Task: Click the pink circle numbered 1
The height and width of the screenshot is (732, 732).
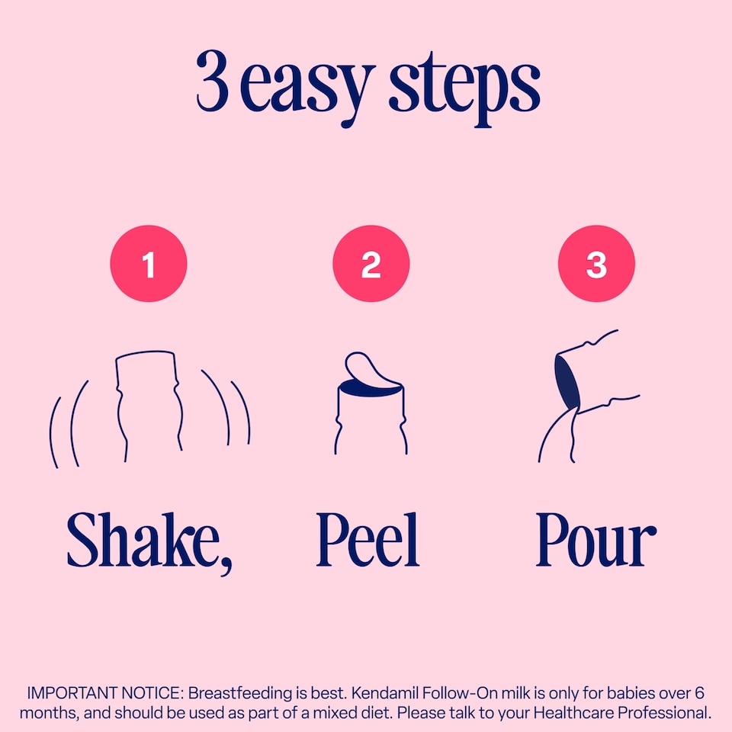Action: (149, 263)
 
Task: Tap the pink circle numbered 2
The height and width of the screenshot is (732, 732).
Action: (371, 263)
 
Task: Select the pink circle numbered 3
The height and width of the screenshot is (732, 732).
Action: (596, 263)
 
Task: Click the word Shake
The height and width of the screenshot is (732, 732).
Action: (143, 540)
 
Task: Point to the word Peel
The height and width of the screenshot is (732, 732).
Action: (368, 540)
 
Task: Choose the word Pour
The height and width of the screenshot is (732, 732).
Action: (596, 540)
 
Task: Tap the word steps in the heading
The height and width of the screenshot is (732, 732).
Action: (464, 88)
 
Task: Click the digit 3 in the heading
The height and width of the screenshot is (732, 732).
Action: (213, 80)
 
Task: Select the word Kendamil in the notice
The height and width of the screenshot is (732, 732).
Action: (384, 693)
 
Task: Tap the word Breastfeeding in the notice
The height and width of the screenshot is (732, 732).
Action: (240, 693)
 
